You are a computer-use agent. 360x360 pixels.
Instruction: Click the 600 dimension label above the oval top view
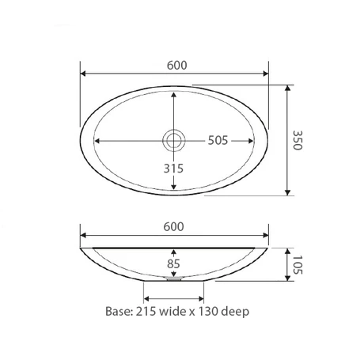point(175,66)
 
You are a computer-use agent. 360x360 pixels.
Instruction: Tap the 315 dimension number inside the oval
point(174,169)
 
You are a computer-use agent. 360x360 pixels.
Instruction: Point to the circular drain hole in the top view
point(174,141)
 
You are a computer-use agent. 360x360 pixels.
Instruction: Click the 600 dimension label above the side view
point(175,226)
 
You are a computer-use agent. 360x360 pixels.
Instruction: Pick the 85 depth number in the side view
point(174,263)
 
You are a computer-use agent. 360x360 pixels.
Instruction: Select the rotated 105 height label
point(298,263)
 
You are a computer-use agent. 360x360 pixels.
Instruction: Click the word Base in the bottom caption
point(119,312)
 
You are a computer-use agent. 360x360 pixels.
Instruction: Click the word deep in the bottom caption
point(237,312)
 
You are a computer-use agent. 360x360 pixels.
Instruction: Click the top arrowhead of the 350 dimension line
point(289,90)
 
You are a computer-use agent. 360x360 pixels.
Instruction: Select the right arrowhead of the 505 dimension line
point(252,141)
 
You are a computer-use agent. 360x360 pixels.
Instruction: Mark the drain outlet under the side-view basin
point(174,279)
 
